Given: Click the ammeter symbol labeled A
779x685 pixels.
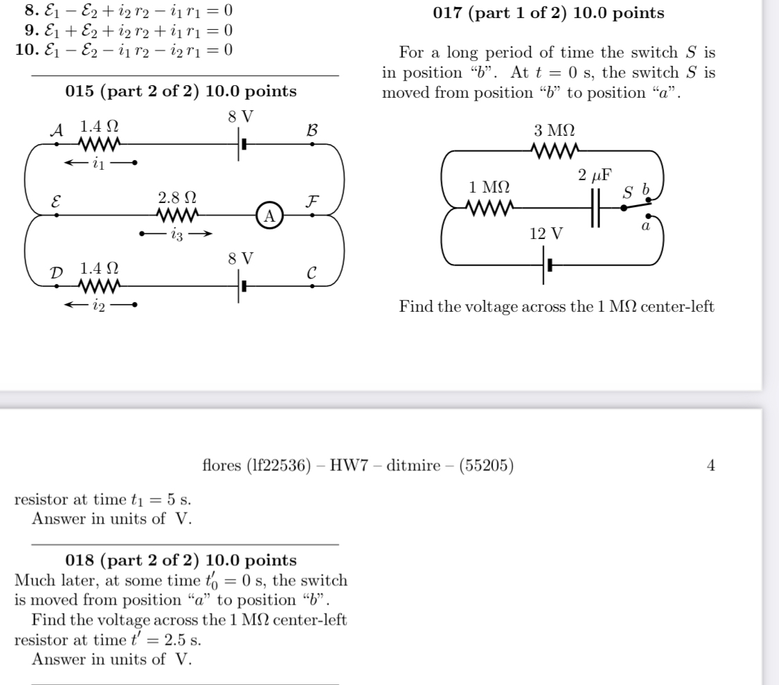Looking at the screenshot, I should tap(270, 215).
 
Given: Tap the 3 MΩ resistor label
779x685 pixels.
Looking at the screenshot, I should tap(554, 130).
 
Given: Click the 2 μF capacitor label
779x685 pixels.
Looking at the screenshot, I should tap(593, 175).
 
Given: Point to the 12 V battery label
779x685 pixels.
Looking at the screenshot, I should tap(545, 233).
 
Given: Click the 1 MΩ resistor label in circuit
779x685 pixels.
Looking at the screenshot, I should tap(489, 187).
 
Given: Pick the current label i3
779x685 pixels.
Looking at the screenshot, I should tap(175, 234).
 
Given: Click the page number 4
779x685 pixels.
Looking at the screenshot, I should tap(710, 465).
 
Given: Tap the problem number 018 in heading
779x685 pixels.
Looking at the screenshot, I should tap(80, 560).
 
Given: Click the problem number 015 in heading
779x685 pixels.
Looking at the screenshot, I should tap(80, 91).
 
